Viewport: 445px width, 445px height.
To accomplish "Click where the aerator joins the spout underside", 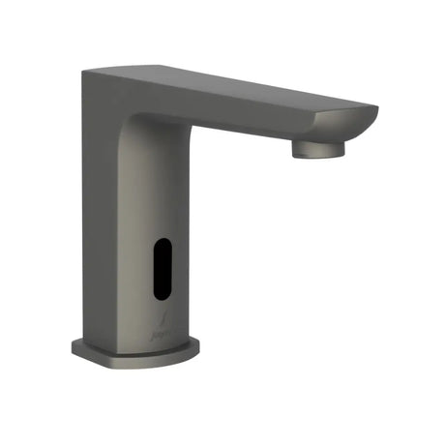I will pos(315,140).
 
